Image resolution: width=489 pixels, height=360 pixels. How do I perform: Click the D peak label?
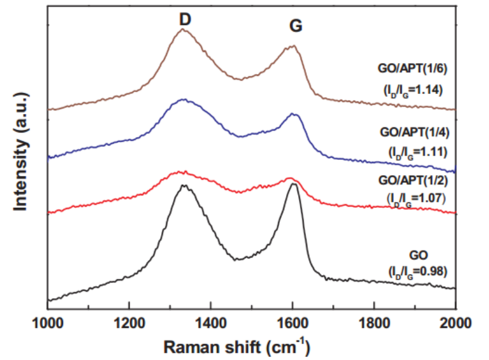pyautogui.click(x=185, y=19)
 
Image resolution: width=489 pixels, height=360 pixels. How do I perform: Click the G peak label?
pyautogui.click(x=295, y=26)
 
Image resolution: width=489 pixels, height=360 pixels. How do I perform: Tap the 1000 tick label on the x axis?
pyautogui.click(x=48, y=321)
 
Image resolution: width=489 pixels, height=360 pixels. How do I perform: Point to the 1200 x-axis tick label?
pyautogui.click(x=129, y=321)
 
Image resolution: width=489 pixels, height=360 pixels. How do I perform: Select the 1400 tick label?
pyautogui.click(x=211, y=321)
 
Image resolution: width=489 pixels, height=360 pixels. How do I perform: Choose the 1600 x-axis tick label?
pyautogui.click(x=293, y=321)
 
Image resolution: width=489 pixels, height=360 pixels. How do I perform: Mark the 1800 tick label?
pyautogui.click(x=374, y=321)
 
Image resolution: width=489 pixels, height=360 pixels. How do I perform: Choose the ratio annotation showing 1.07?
pyautogui.click(x=415, y=198)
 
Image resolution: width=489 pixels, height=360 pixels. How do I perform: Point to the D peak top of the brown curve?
pyautogui.click(x=182, y=29)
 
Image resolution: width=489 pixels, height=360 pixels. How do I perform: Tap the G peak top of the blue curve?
pyautogui.click(x=293, y=113)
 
